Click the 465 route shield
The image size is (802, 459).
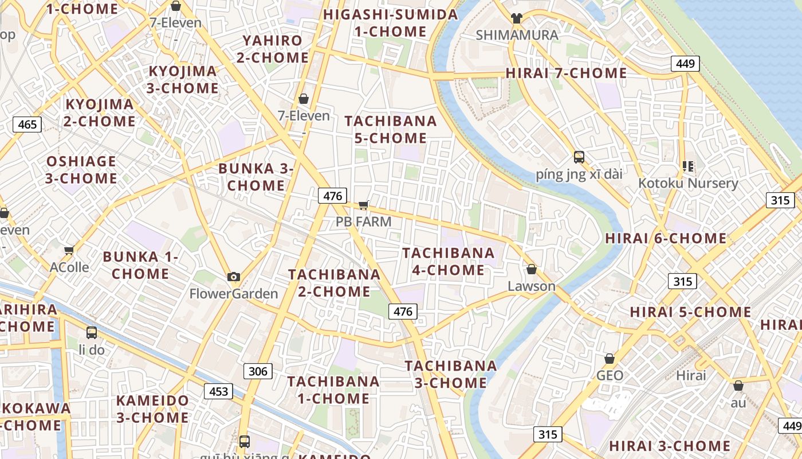click(x=27, y=125)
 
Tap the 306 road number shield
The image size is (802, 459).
click(x=258, y=371)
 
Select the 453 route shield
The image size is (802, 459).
click(x=219, y=392)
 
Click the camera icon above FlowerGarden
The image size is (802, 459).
click(x=233, y=277)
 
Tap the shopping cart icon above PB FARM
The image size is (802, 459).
click(x=363, y=205)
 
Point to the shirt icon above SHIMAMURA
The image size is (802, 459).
click(x=517, y=18)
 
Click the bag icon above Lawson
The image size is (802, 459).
click(x=531, y=269)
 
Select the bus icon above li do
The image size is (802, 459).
click(x=91, y=332)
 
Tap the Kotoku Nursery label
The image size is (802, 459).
click(x=688, y=184)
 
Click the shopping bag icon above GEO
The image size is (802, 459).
click(x=610, y=359)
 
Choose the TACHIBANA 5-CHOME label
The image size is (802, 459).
click(x=391, y=130)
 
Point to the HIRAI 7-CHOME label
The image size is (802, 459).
click(x=566, y=73)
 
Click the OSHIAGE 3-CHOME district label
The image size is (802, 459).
click(x=81, y=170)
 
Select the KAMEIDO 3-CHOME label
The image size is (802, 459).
click(x=152, y=409)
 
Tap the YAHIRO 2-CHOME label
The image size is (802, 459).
click(x=273, y=49)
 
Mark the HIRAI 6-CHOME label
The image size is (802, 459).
click(x=666, y=239)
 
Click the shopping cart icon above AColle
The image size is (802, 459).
click(x=69, y=250)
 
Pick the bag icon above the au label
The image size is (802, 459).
click(x=738, y=386)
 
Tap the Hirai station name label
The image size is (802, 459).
click(x=691, y=376)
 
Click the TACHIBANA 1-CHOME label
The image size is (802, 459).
click(x=333, y=390)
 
